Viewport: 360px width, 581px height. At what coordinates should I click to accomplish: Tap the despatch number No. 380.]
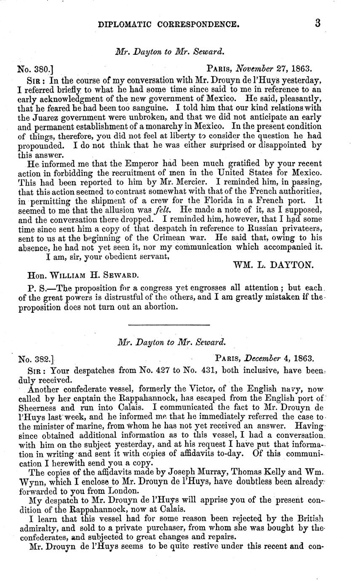pos(35,67)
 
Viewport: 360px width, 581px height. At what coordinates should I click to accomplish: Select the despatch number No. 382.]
pos(36,359)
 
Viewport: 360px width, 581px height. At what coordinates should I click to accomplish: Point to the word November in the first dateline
pos(254,67)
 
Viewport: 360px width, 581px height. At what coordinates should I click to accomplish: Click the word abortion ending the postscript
pos(152,307)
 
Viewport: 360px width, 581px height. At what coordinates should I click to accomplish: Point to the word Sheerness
pos(38,408)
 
